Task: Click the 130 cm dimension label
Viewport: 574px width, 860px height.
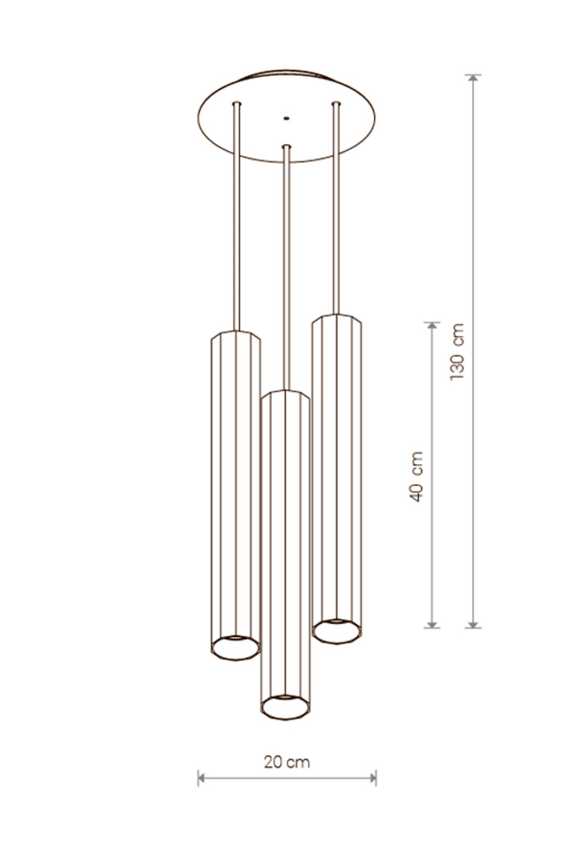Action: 457,351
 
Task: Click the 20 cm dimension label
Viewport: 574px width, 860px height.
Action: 287,762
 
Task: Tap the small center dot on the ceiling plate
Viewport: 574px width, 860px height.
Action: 286,118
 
